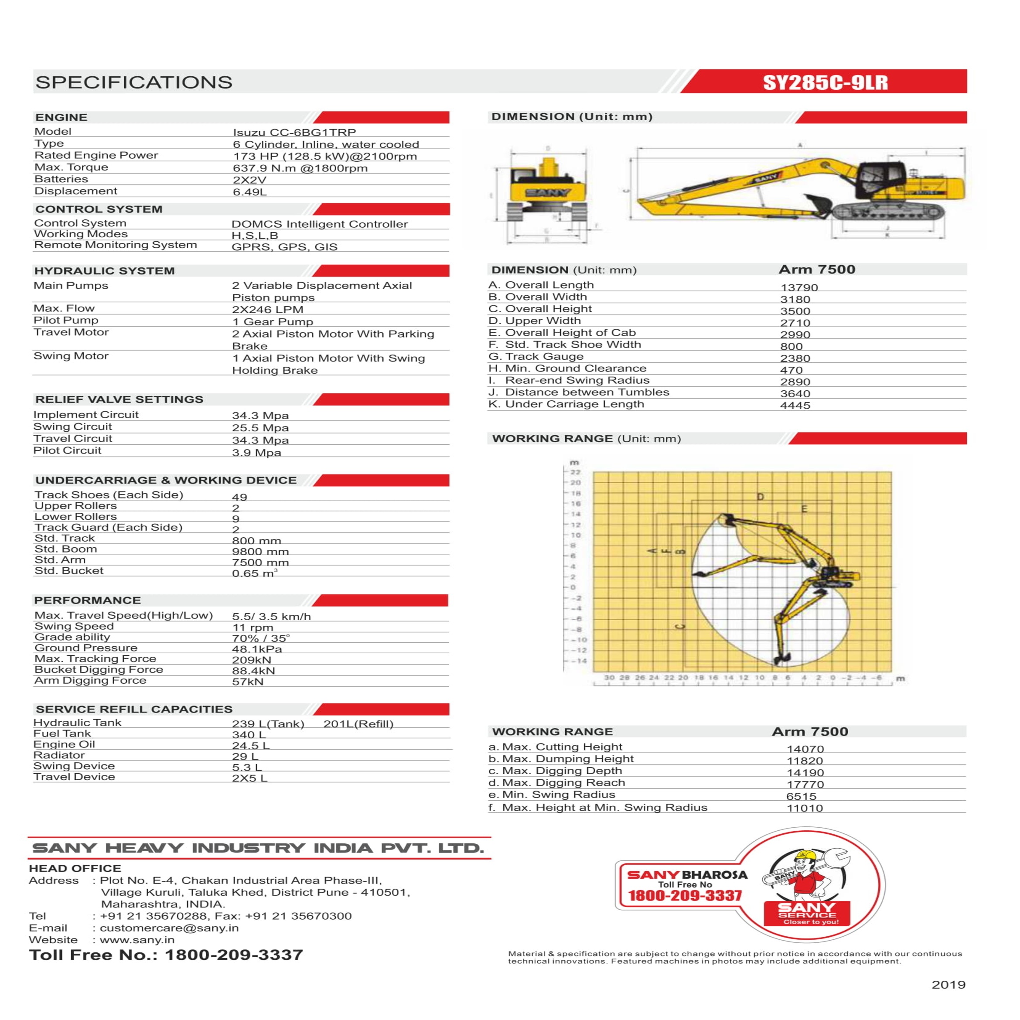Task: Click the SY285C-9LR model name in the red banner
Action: point(825,82)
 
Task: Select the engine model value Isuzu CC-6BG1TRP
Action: point(294,133)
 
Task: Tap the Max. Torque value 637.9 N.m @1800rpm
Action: point(300,168)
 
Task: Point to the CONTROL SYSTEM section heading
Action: point(99,209)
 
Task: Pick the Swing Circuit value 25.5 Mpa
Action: point(260,428)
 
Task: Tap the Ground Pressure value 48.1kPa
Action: point(257,649)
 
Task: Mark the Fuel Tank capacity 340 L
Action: point(249,735)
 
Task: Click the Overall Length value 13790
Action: point(799,288)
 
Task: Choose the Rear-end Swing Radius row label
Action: point(577,381)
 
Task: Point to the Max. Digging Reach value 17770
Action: point(805,785)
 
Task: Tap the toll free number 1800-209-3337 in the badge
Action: point(685,895)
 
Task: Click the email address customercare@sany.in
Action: point(169,928)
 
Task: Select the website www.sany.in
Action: point(137,940)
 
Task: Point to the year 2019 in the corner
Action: point(948,985)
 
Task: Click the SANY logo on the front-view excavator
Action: point(547,192)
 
